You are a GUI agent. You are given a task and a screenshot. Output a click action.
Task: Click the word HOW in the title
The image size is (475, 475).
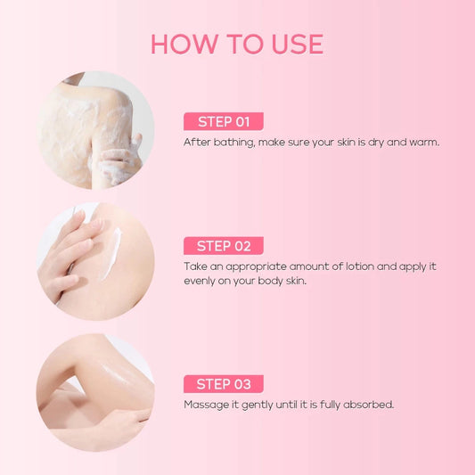tap(184, 45)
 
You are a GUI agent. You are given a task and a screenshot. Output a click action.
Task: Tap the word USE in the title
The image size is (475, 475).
tap(298, 45)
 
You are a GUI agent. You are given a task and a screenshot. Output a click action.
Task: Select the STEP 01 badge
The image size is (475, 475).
tap(224, 121)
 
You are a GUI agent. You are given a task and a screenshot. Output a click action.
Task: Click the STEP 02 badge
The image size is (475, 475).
tap(224, 246)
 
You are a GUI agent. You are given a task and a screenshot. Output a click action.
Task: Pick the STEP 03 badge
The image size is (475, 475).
tap(224, 384)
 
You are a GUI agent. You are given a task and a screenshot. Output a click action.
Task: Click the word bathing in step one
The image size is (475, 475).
tap(234, 143)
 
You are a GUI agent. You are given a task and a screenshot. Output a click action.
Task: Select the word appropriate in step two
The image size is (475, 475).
tap(256, 267)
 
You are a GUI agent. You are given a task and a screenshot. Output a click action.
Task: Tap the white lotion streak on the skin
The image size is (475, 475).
tap(111, 253)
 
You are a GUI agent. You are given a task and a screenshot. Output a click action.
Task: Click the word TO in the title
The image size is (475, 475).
tap(245, 45)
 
